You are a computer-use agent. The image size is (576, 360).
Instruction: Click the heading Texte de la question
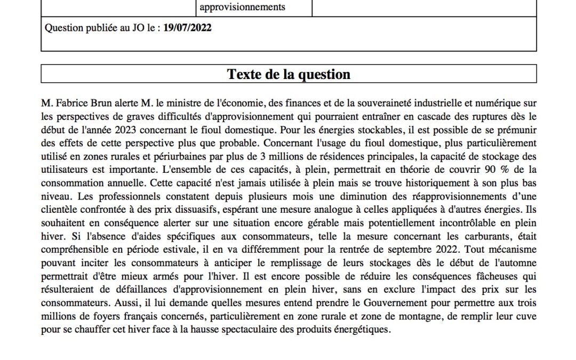click(x=289, y=74)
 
